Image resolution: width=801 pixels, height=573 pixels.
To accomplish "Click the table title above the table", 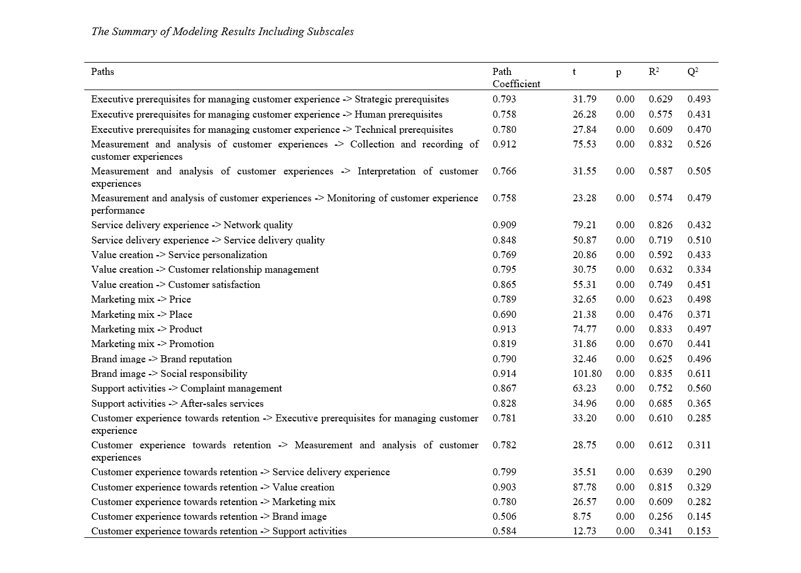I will tap(222, 32).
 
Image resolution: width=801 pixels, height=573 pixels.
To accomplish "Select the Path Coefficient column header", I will tap(515, 78).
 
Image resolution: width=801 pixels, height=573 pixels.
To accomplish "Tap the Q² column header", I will tap(693, 72).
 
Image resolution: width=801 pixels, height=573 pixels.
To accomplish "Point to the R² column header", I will tap(654, 72).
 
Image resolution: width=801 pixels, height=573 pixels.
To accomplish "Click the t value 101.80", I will tap(587, 373).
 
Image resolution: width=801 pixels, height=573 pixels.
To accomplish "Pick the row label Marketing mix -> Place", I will tap(142, 314).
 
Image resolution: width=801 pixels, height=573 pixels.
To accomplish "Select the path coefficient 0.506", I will tap(504, 516).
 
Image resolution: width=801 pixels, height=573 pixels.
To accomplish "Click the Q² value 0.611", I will tap(699, 373).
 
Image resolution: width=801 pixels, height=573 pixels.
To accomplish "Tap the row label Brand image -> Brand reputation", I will tap(161, 359).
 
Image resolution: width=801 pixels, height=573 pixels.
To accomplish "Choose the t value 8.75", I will tap(582, 516).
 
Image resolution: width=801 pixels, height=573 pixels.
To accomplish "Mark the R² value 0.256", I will tap(661, 516).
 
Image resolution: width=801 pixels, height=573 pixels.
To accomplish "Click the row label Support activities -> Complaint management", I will tap(187, 388).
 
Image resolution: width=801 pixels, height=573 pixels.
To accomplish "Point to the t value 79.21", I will tap(585, 225).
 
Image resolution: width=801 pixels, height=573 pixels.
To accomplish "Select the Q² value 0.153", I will tap(699, 531).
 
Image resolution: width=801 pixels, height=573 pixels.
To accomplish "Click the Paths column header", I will tap(102, 72).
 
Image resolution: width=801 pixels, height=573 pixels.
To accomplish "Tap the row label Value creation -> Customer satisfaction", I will tap(176, 284).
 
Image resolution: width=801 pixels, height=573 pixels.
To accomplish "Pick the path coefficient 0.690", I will tap(504, 314).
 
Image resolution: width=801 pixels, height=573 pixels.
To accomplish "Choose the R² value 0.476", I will tap(661, 314).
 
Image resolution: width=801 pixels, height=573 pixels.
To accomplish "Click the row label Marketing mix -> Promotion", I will tap(153, 344).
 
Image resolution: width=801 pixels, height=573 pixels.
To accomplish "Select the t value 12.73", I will tap(585, 531).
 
